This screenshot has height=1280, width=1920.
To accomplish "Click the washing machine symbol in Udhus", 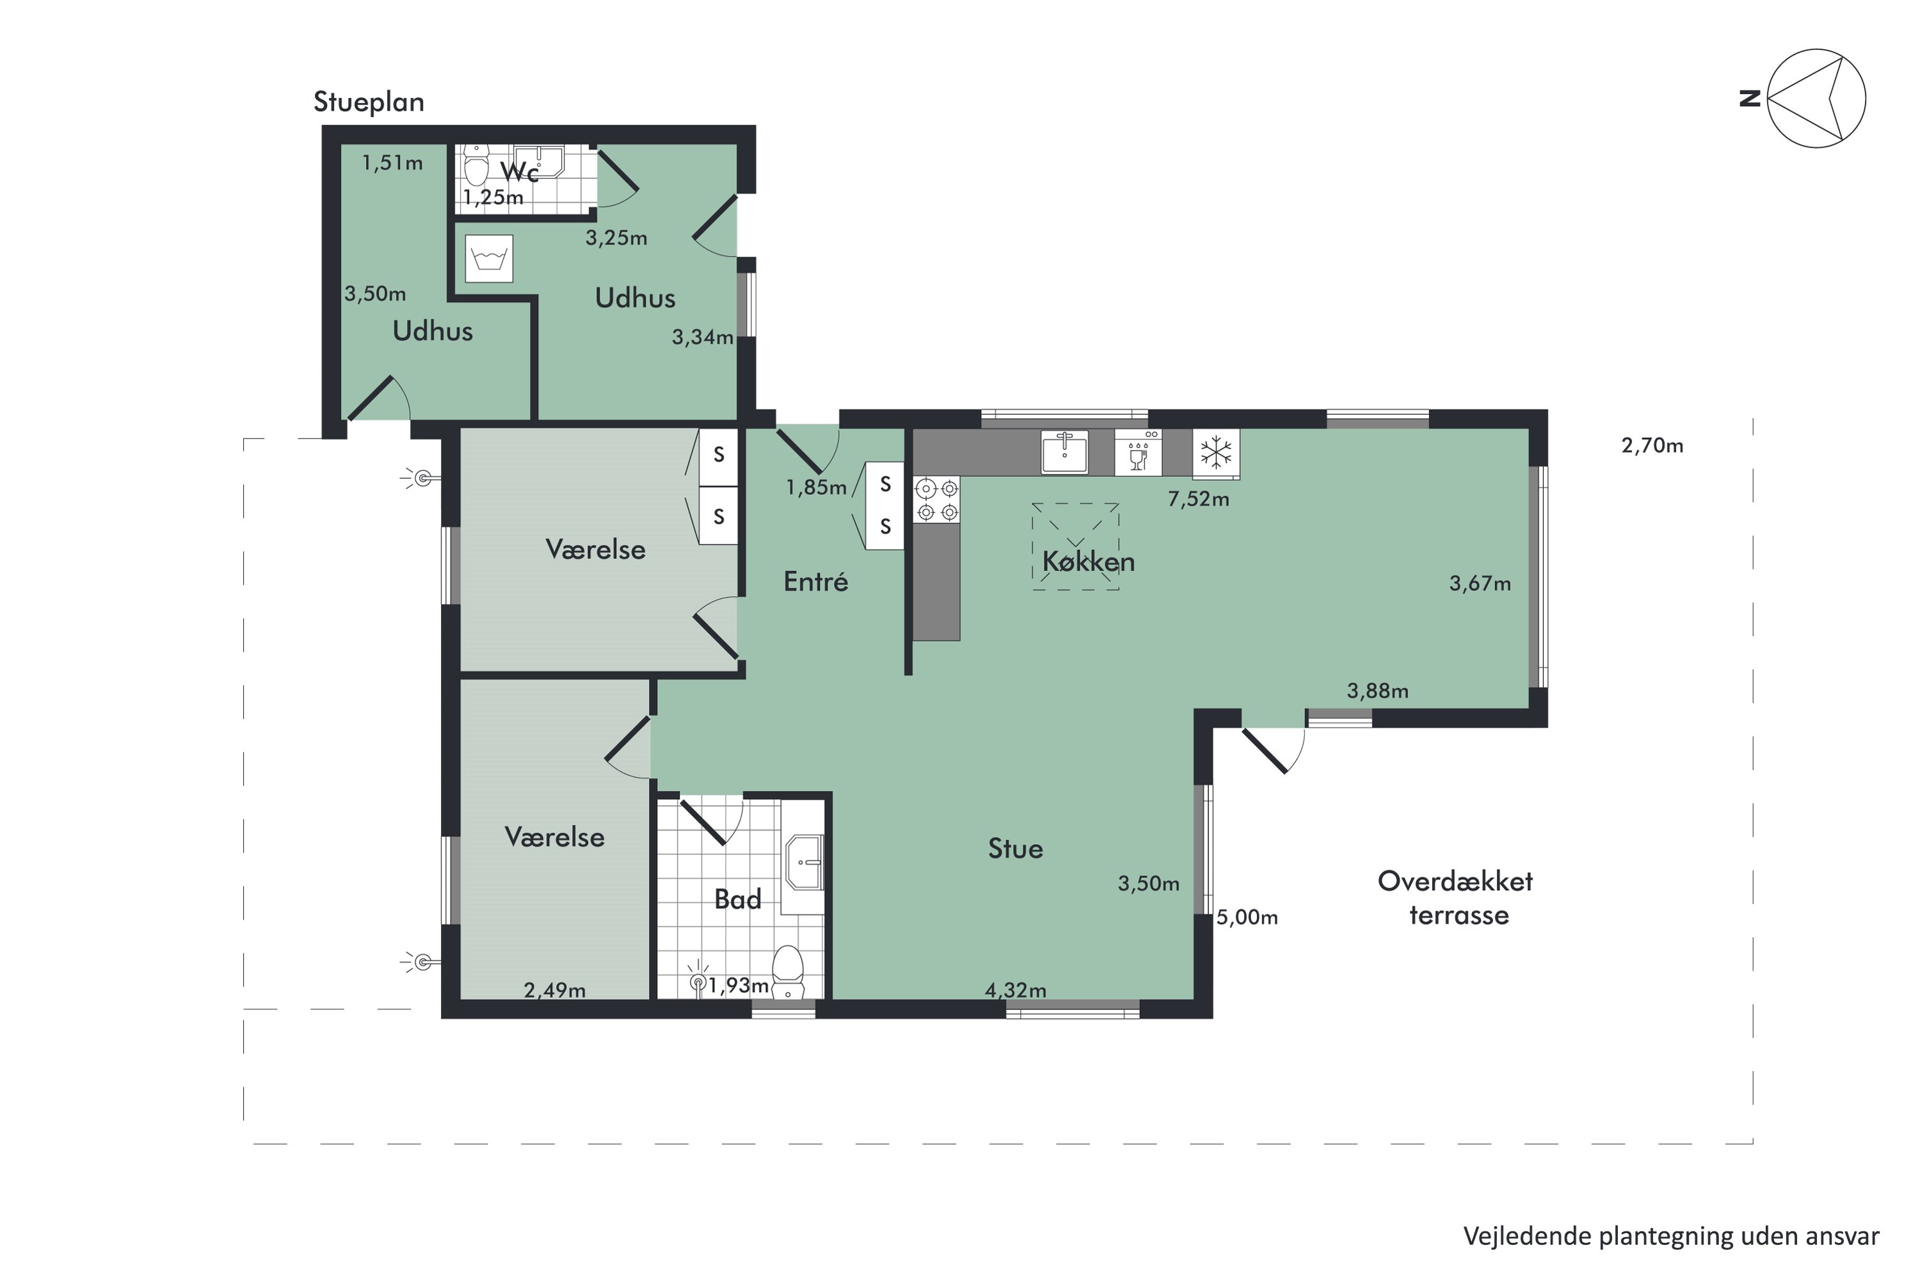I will pos(488,259).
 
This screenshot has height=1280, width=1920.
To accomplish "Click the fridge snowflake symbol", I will pos(1215,453).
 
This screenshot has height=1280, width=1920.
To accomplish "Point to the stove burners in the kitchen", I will pos(936,500).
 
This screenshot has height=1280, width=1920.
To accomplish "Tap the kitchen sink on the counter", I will pos(1064,452).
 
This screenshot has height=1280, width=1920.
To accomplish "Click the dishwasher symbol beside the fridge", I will pos(1138,453).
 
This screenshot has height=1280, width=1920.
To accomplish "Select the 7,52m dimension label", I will pos(1197,499).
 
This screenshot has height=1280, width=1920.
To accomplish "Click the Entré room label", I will pos(815,582).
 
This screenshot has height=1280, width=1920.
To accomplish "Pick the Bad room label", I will pos(737,900).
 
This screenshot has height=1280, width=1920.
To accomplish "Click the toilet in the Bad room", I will pos(788,972).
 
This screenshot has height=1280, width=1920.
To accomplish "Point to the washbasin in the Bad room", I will pos(803,862).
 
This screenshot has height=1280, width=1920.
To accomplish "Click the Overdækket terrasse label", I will pos(1457,898).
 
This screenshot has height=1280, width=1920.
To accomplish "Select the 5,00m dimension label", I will pos(1247,918).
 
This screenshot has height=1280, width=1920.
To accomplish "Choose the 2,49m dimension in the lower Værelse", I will pos(554,990).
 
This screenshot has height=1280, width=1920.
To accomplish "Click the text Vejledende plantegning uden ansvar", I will pos(1670,1236).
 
